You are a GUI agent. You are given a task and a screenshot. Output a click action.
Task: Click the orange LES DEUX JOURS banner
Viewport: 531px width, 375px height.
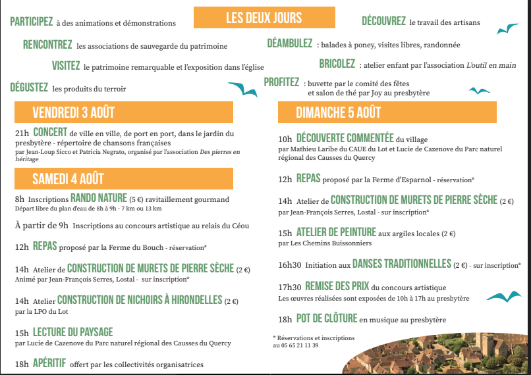point(264,17)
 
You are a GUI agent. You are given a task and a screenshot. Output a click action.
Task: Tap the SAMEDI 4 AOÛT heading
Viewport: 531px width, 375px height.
point(68,178)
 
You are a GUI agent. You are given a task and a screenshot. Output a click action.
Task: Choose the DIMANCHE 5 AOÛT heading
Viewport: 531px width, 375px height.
point(339,113)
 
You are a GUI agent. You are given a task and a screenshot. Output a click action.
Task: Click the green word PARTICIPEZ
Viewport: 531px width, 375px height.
point(32,22)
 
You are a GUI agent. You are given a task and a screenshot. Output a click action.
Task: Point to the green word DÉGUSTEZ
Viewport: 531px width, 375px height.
point(29,87)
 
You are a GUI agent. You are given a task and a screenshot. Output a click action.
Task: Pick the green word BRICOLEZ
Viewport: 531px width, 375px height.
point(337,64)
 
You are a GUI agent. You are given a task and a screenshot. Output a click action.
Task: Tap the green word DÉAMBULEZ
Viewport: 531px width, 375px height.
point(290,44)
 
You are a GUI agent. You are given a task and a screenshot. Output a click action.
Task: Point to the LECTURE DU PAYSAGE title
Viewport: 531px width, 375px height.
point(72,332)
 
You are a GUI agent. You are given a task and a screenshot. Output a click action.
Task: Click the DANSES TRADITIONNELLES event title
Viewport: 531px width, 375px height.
point(401,264)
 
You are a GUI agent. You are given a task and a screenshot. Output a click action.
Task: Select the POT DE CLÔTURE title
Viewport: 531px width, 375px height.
point(325,319)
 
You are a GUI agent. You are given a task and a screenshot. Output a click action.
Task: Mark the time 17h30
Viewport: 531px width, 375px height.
point(289,287)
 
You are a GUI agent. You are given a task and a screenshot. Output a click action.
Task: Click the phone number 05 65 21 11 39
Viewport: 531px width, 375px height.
point(295,345)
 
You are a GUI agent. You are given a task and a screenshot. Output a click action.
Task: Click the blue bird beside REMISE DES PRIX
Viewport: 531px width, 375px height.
point(502,295)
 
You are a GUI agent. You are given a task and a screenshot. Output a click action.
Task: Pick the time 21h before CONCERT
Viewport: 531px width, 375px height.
point(22,134)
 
